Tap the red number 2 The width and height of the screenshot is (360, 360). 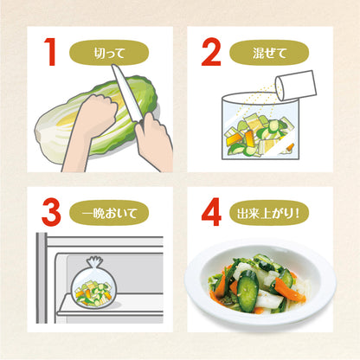click(213, 53)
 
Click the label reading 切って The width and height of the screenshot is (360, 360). click(110, 53)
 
